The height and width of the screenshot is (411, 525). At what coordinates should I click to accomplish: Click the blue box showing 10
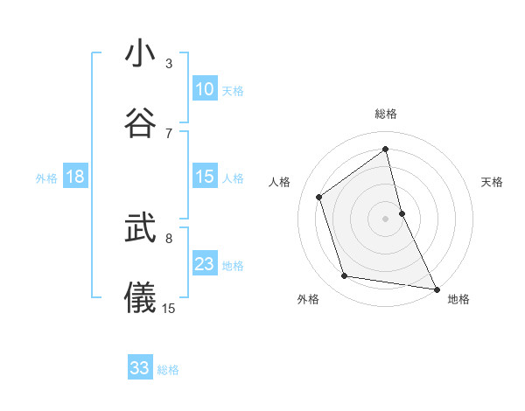[x=205, y=88]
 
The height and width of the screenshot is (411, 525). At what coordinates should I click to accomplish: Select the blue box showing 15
[x=205, y=177]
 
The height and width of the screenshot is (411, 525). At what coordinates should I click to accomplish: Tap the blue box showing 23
[x=205, y=264]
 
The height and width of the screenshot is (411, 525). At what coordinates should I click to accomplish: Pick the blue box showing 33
[x=140, y=368]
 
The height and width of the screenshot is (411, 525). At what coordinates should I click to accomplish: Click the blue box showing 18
[x=75, y=177]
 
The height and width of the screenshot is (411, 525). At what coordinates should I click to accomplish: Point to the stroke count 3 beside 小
[x=169, y=64]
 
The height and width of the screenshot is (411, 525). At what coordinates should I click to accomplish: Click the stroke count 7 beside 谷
[x=169, y=133]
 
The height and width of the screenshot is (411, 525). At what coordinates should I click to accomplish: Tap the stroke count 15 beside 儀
[x=169, y=308]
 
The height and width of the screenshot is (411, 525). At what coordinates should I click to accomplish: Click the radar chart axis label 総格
[x=386, y=114]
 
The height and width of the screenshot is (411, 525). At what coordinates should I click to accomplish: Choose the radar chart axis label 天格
[x=492, y=182]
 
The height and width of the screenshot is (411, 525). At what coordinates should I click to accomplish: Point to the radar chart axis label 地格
[x=458, y=299]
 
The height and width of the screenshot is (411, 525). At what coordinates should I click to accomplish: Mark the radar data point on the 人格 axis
[x=319, y=197]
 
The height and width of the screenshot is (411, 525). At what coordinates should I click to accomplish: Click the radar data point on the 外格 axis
[x=345, y=276]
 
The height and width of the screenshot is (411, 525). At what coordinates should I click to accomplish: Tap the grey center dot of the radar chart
[x=386, y=219]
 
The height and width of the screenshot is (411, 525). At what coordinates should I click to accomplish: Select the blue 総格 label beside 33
[x=168, y=370]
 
